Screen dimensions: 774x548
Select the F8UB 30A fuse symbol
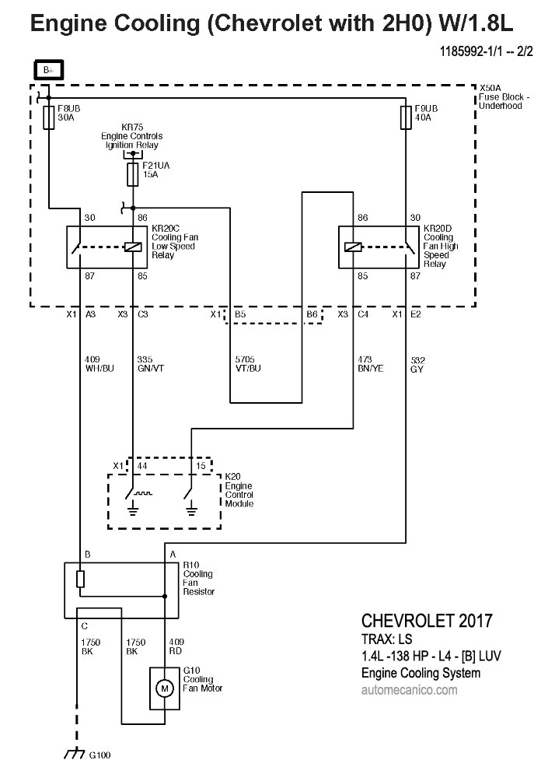point(49,118)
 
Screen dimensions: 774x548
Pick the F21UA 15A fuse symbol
point(133,173)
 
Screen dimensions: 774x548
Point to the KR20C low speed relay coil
point(133,247)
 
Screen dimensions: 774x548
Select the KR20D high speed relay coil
point(352,247)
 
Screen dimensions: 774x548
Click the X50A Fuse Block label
point(503,97)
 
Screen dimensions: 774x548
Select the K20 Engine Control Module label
point(239,489)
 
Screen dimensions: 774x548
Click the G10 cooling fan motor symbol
point(164,687)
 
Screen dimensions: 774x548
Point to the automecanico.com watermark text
point(410,689)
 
